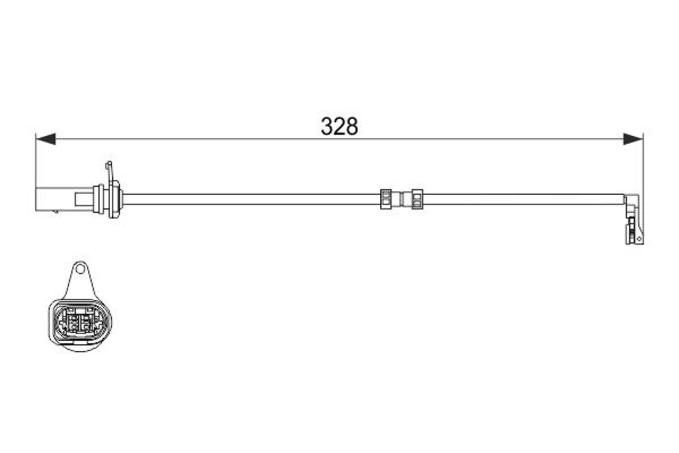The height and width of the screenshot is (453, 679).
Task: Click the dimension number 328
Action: [339, 126]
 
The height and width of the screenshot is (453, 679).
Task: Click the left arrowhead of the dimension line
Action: [45, 139]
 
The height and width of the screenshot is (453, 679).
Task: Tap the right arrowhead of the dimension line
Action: [633, 139]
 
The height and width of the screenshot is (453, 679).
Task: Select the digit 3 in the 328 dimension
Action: [327, 126]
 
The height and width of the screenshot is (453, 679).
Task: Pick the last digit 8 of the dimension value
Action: [352, 126]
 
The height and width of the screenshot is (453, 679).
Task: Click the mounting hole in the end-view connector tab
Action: [79, 270]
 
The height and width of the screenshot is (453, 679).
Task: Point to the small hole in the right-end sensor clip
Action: [638, 238]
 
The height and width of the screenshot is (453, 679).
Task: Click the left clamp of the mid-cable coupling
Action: [386, 199]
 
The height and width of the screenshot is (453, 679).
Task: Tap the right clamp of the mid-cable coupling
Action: [417, 199]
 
